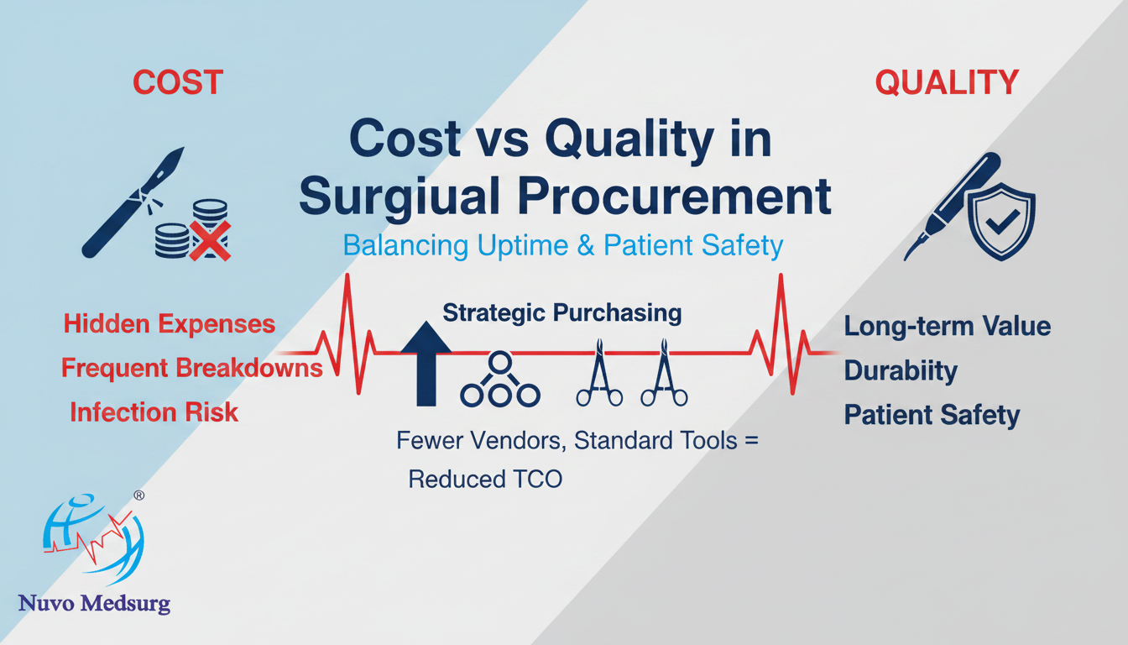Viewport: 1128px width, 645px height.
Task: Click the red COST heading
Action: click(x=178, y=82)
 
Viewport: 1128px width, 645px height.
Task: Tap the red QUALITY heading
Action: click(x=947, y=82)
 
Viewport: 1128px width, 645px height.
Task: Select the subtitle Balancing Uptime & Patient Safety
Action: click(x=563, y=245)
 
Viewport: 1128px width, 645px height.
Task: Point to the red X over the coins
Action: click(x=210, y=241)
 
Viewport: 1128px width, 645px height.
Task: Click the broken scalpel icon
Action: click(x=133, y=202)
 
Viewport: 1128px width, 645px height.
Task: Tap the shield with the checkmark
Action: click(x=1001, y=222)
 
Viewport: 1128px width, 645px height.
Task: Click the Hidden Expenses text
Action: click(x=170, y=323)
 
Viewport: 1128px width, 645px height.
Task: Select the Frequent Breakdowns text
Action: click(x=192, y=367)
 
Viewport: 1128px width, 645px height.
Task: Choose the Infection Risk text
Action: click(x=154, y=412)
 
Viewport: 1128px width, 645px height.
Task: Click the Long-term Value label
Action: click(x=948, y=326)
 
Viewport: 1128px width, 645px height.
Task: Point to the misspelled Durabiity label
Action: click(x=901, y=371)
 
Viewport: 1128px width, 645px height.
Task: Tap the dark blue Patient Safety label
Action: click(x=932, y=415)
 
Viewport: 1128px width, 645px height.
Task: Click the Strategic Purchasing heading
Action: click(x=562, y=313)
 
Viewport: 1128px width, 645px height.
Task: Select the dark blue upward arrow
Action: click(x=426, y=364)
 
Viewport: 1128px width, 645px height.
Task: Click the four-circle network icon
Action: click(x=500, y=380)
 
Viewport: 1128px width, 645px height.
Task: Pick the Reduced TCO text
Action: click(x=485, y=479)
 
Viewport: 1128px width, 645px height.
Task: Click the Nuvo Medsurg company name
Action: click(x=94, y=604)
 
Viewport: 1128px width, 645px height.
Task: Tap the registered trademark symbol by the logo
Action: click(x=139, y=496)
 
